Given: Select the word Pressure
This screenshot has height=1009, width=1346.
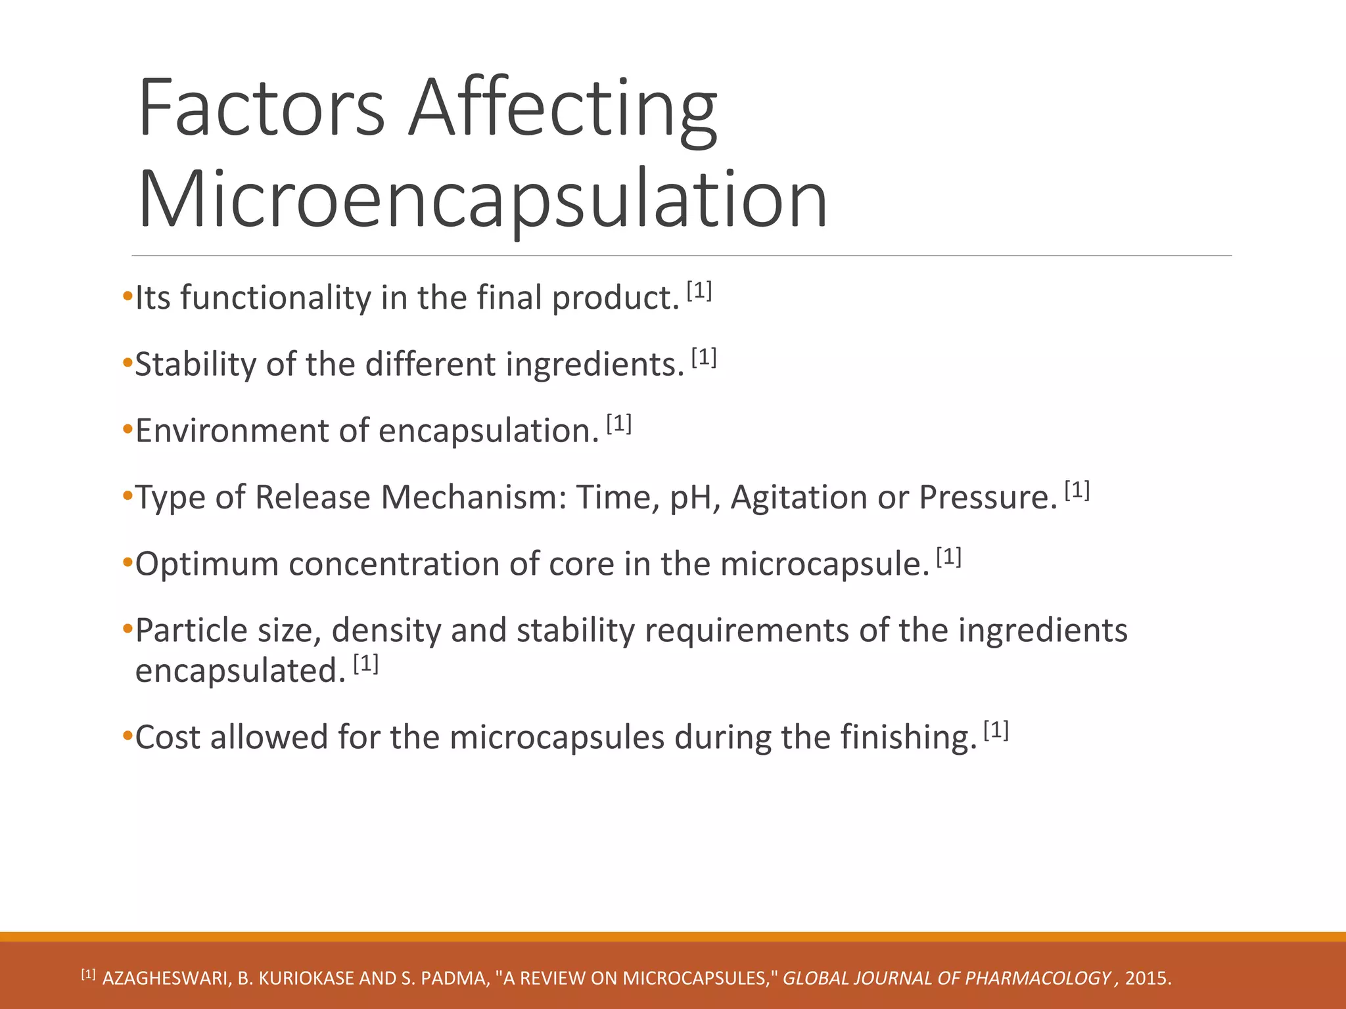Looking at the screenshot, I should click(x=987, y=497).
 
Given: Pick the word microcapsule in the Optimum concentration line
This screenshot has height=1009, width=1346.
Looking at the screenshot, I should click(x=824, y=564).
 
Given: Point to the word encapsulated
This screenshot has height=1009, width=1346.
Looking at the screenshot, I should click(x=240, y=671).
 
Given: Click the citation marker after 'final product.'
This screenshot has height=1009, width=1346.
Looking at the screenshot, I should click(x=699, y=290).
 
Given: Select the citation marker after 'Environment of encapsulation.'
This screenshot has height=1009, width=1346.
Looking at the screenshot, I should click(x=618, y=424).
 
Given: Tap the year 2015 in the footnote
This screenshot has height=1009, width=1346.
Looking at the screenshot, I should click(x=1147, y=979).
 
